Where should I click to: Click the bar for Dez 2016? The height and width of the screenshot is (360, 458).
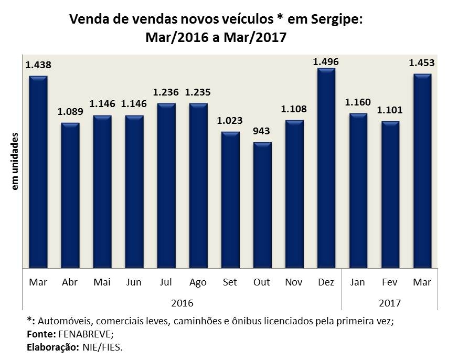point(326,168)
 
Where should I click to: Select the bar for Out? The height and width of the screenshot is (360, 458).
point(262,205)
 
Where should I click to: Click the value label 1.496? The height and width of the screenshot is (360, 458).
point(326,62)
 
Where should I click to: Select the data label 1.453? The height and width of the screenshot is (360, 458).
point(422,63)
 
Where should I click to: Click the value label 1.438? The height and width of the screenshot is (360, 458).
point(38,65)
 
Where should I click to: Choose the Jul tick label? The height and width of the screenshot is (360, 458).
point(166,282)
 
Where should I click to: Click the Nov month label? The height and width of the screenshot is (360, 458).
point(294,282)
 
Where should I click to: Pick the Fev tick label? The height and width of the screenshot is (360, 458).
point(390,282)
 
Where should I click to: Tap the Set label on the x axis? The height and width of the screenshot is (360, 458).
point(230,282)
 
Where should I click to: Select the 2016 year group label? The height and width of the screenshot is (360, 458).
point(182,303)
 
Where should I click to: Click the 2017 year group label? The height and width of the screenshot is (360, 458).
point(390,303)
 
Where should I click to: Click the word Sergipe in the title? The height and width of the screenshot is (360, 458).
point(334,20)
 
